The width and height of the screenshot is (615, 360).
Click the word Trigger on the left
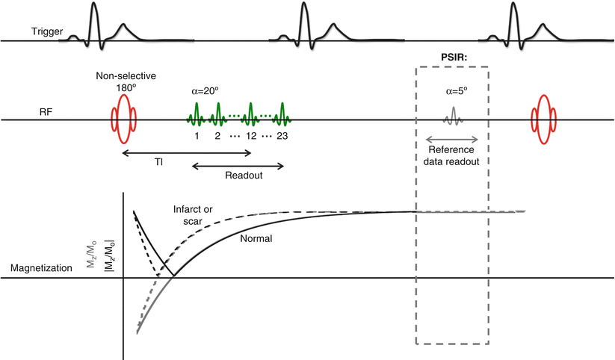point(47,32)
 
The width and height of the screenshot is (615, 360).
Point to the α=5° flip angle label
point(452,93)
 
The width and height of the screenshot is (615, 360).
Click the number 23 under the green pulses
point(281,136)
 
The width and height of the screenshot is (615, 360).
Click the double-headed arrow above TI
point(186,153)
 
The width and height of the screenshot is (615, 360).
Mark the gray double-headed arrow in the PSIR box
point(452,139)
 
